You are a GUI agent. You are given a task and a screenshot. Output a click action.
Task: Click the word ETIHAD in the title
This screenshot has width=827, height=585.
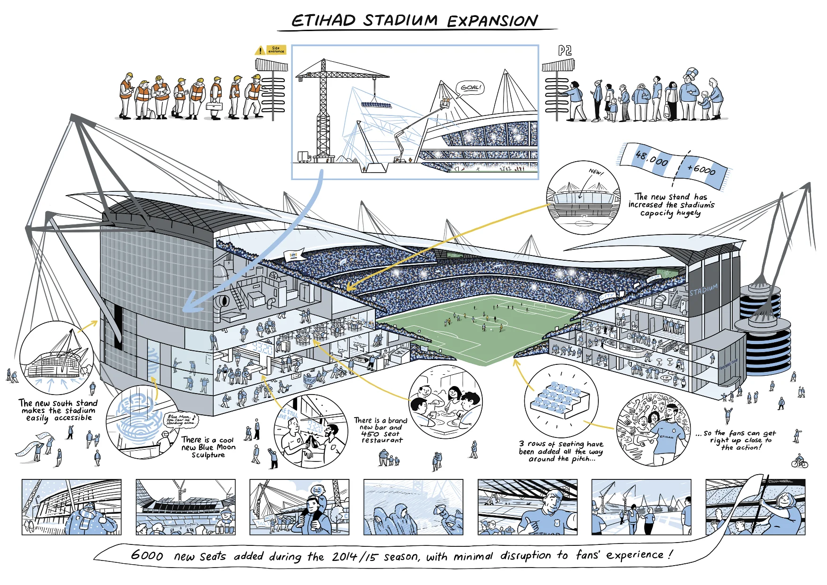pyautogui.click(x=323, y=21)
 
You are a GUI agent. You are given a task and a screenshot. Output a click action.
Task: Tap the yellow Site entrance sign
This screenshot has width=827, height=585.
pyautogui.click(x=276, y=49)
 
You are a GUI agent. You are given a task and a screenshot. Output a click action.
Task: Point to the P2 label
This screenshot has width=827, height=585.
pyautogui.click(x=565, y=50)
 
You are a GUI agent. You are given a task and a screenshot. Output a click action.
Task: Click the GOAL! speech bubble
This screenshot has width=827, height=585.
pyautogui.click(x=470, y=88)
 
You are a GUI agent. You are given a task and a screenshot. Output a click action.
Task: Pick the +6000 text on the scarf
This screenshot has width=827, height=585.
pyautogui.click(x=701, y=169)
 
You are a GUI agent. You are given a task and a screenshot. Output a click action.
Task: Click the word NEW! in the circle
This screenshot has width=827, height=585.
pyautogui.click(x=596, y=172)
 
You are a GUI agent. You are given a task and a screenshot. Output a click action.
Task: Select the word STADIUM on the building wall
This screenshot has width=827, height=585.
pyautogui.click(x=703, y=289)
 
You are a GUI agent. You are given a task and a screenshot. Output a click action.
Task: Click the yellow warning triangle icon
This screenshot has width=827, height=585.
pyautogui.click(x=260, y=50)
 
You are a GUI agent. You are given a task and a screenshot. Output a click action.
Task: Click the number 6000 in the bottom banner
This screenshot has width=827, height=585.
pyautogui.click(x=147, y=555)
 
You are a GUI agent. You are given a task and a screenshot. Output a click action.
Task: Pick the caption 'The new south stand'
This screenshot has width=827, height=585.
pyautogui.click(x=58, y=403)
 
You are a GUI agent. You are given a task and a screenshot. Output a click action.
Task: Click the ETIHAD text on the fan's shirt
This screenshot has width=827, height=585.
pyautogui.click(x=666, y=437)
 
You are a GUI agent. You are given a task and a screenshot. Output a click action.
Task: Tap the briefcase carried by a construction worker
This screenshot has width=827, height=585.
pyautogui.click(x=215, y=106)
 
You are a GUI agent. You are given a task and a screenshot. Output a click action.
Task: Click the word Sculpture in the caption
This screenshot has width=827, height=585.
pyautogui.click(x=208, y=455)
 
